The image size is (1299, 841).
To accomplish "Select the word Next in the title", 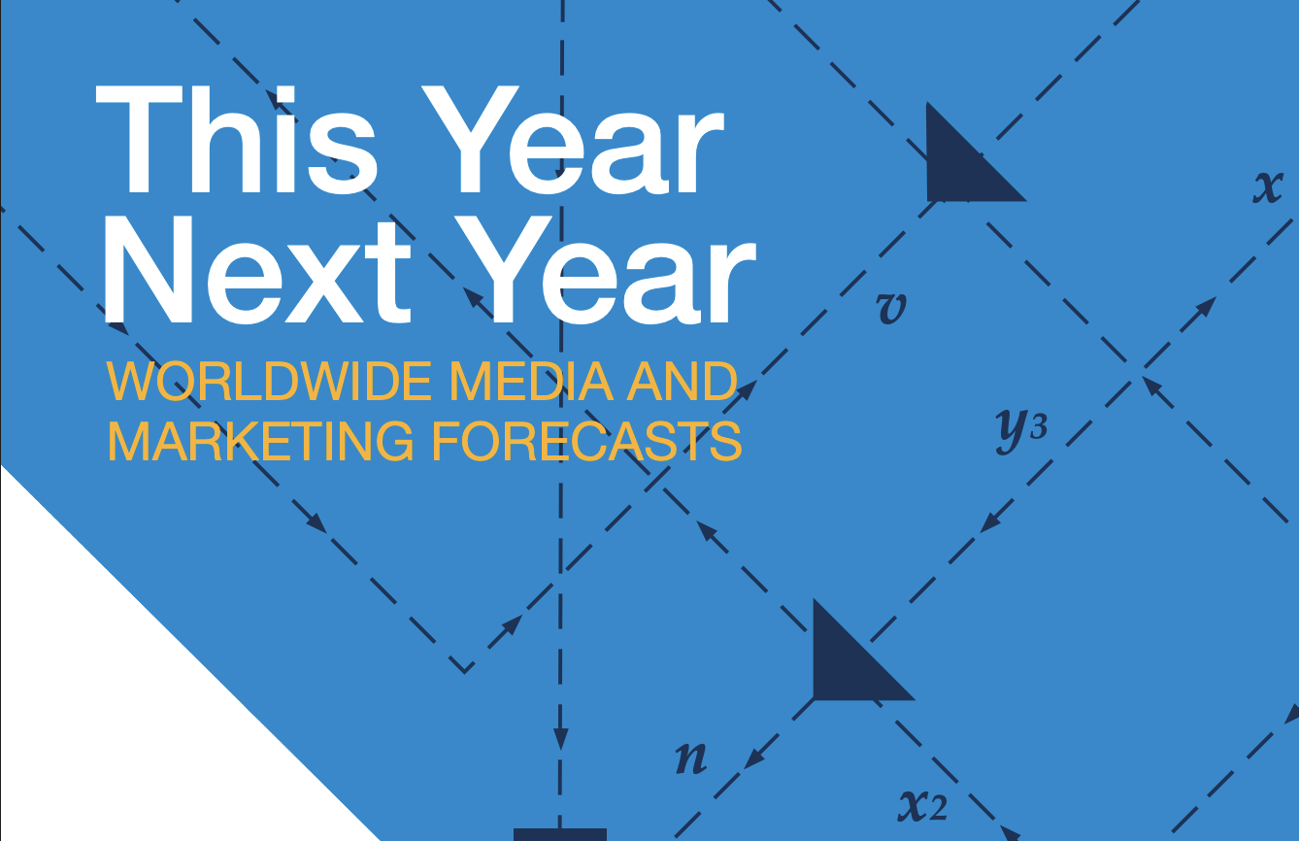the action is pyautogui.click(x=257, y=269).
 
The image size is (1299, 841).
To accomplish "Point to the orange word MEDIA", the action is pyautogui.click(x=531, y=381).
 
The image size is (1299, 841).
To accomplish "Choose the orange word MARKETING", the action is pyautogui.click(x=261, y=442).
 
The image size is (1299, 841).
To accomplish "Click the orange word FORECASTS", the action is pyautogui.click(x=586, y=442).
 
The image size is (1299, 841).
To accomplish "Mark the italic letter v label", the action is pyautogui.click(x=890, y=308).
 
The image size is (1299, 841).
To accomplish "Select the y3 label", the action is pyautogui.click(x=1021, y=429).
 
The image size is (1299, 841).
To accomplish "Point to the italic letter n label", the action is pyautogui.click(x=691, y=757).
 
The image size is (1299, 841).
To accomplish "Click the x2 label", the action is pyautogui.click(x=923, y=805).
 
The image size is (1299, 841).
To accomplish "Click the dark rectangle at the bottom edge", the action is pyautogui.click(x=560, y=834).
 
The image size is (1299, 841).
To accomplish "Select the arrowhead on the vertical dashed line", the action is pyautogui.click(x=560, y=738).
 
